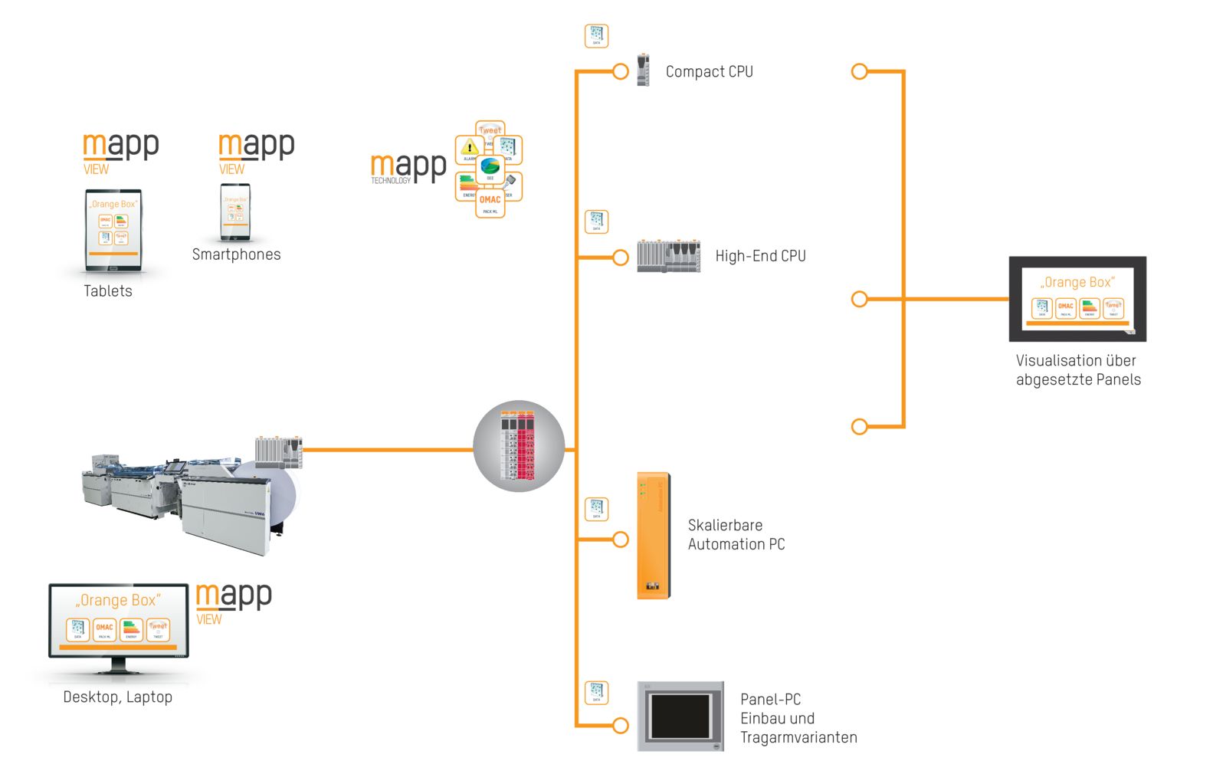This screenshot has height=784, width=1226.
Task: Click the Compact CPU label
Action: pyautogui.click(x=709, y=72)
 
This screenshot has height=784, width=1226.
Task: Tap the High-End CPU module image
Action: pyautogui.click(x=668, y=256)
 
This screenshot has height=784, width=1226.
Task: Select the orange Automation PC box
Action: pyautogui.click(x=654, y=536)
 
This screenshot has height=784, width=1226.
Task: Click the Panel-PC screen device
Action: pyautogui.click(x=680, y=717)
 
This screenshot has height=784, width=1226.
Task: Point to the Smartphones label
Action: pyautogui.click(x=236, y=254)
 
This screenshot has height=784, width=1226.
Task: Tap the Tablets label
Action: pyautogui.click(x=108, y=291)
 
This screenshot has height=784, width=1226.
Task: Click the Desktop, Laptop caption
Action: pyautogui.click(x=117, y=697)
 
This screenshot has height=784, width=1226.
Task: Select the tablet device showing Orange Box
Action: pyautogui.click(x=113, y=230)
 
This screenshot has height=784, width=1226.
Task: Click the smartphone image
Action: pyautogui.click(x=234, y=212)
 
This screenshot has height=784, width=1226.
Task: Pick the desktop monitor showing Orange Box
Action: pyautogui.click(x=119, y=622)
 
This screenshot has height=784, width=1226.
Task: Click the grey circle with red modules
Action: pyautogui.click(x=519, y=446)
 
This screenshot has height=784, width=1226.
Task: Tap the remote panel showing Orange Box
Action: pyautogui.click(x=1077, y=299)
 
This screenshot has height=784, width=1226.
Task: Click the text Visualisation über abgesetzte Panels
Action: pyautogui.click(x=1078, y=370)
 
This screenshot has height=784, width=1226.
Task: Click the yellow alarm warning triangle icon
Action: pyautogui.click(x=469, y=149)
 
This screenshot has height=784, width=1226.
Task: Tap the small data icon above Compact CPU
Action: pyautogui.click(x=596, y=35)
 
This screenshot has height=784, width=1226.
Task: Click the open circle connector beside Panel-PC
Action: pyautogui.click(x=621, y=725)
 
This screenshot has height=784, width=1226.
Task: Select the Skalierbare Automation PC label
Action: pyautogui.click(x=736, y=535)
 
